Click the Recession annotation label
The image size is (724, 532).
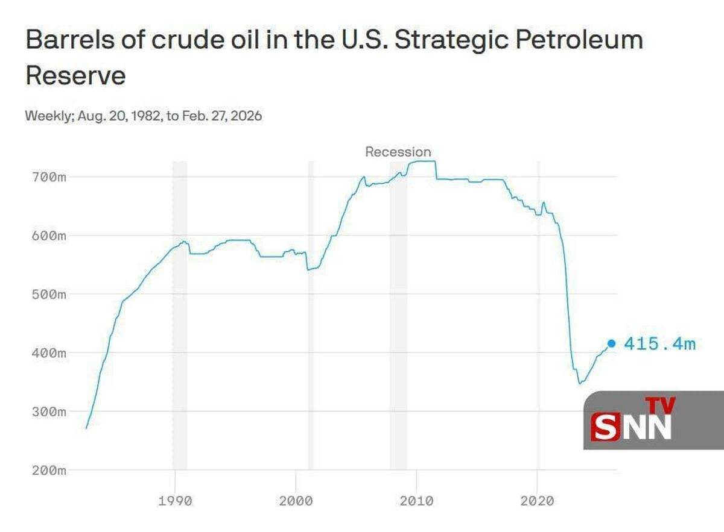point(398,152)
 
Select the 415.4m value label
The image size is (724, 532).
point(659,344)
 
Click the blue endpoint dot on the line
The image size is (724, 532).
point(611,343)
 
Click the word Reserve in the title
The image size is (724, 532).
point(75,77)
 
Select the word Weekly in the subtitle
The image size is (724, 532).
point(48,116)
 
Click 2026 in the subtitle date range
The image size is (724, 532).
point(247,116)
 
